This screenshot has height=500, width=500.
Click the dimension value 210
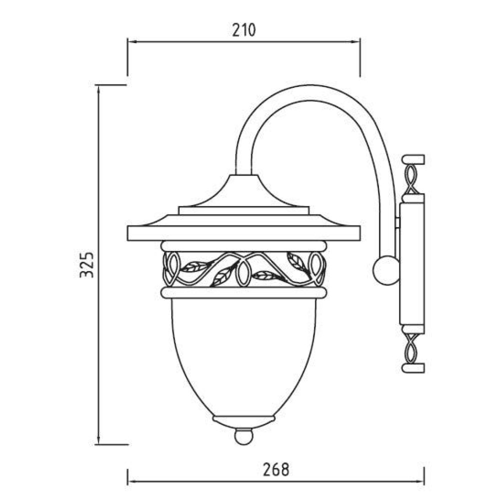click(x=244, y=30)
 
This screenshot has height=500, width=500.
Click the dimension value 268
click(x=276, y=469)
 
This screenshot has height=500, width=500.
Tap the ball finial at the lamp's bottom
click(x=243, y=436)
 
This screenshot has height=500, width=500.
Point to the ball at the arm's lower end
click(x=386, y=270)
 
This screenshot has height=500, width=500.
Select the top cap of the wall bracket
click(x=413, y=159)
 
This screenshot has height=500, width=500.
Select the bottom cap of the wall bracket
click(x=413, y=368)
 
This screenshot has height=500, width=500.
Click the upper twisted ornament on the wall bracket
click(x=411, y=179)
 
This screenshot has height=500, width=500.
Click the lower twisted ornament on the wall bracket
click(x=411, y=348)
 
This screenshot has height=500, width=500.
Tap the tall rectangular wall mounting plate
click(x=412, y=264)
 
